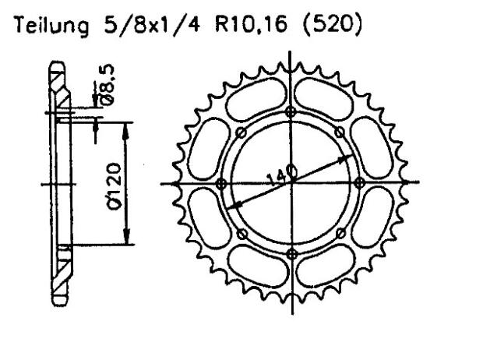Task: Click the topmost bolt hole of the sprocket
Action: (291, 111)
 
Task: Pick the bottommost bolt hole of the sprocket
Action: (291, 254)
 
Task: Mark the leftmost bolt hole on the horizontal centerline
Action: (221, 183)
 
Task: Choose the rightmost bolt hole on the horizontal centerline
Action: (359, 183)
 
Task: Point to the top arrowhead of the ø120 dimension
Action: (127, 125)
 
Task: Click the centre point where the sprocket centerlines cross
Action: (291, 183)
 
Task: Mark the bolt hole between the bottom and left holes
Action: (241, 233)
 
